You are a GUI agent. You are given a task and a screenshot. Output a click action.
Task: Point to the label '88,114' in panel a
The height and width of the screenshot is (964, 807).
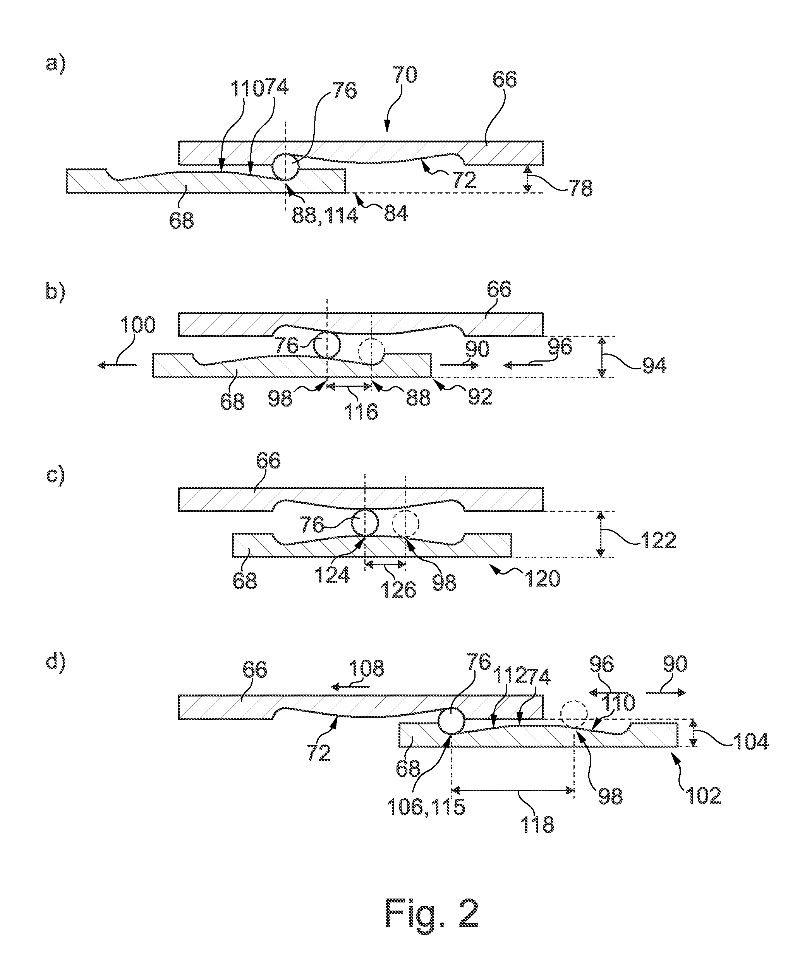click(325, 215)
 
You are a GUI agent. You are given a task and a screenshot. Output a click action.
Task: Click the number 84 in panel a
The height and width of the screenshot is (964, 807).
click(395, 213)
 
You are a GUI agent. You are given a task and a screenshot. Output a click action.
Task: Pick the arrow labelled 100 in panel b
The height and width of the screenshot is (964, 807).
click(117, 365)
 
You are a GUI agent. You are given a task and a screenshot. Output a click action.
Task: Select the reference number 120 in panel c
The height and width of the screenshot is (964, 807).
click(543, 579)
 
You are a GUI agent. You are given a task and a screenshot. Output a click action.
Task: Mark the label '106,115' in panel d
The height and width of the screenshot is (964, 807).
click(426, 806)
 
